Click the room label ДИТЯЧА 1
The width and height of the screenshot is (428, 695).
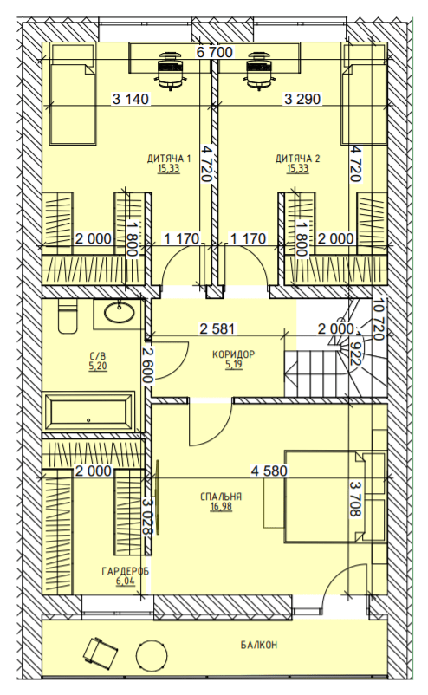(x=169, y=159)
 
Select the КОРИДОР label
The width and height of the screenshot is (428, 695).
(x=234, y=354)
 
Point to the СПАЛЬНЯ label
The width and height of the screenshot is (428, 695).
(x=221, y=497)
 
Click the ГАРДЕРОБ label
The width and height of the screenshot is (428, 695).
(x=126, y=571)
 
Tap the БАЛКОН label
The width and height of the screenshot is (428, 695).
(x=259, y=645)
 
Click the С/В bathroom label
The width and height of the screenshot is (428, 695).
(x=98, y=356)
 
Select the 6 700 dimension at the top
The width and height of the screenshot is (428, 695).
(x=215, y=52)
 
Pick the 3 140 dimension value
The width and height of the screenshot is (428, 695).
(x=131, y=99)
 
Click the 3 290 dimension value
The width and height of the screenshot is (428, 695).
(x=302, y=99)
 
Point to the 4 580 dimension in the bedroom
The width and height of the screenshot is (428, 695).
(x=269, y=471)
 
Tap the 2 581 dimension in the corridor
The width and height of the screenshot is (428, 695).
(x=218, y=329)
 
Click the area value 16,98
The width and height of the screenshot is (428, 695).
(x=221, y=507)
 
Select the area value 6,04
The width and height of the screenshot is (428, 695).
(x=126, y=581)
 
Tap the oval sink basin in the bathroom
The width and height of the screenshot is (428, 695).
(x=120, y=312)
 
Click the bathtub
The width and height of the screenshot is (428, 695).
(x=88, y=412)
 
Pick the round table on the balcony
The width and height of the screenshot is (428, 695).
(x=152, y=658)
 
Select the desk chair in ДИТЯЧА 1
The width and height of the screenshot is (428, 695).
(x=170, y=70)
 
